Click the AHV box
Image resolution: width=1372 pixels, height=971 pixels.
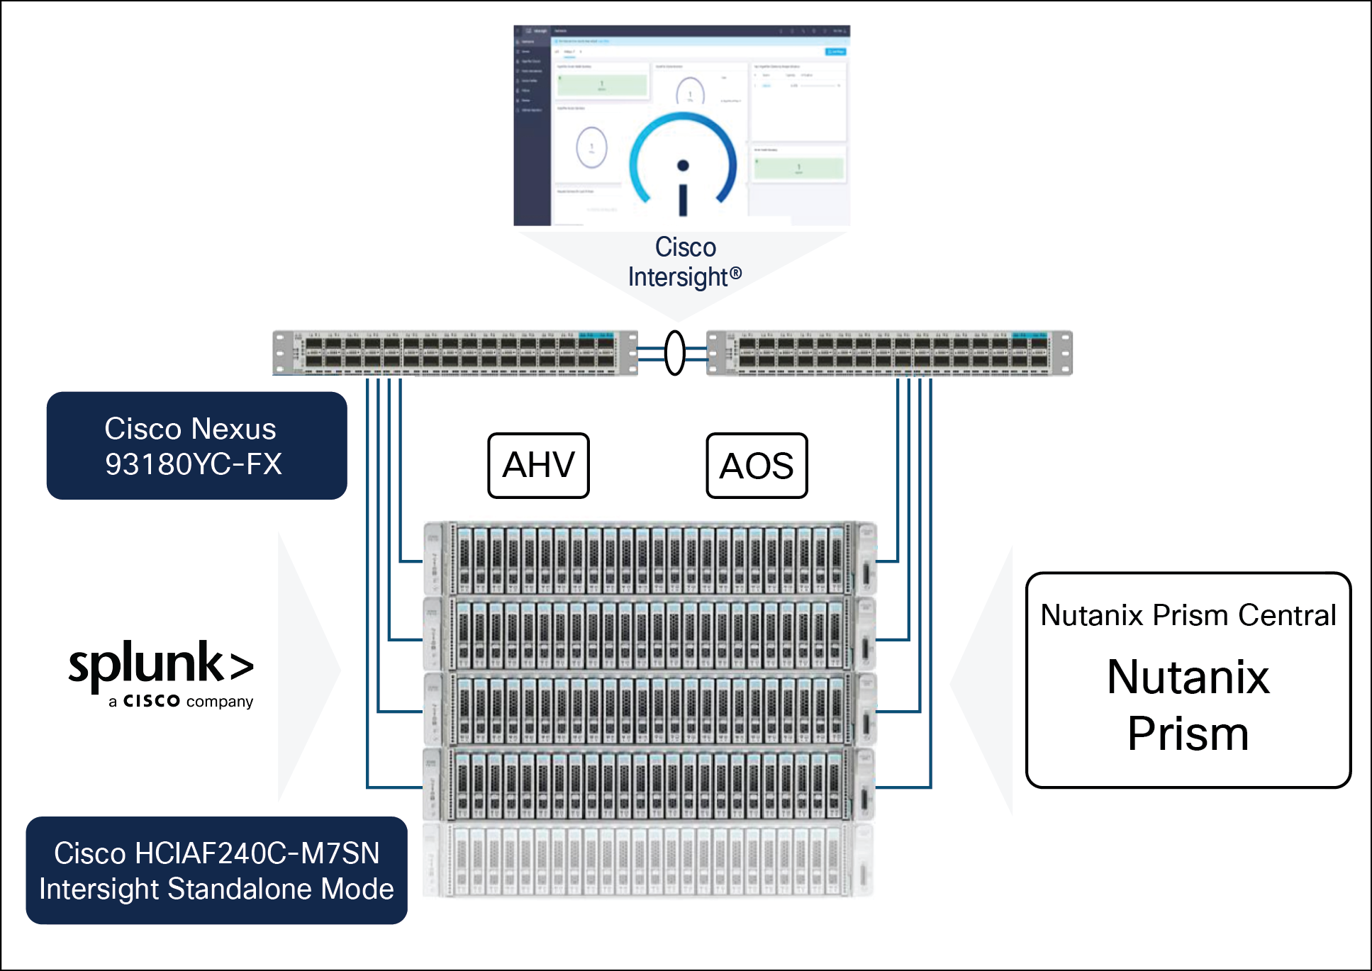click(x=538, y=466)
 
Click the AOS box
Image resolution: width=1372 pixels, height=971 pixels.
click(x=757, y=466)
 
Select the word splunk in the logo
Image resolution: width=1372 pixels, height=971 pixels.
click(x=146, y=664)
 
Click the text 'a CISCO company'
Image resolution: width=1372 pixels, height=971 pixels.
click(x=181, y=701)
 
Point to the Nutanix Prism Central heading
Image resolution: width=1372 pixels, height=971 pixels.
click(x=1188, y=615)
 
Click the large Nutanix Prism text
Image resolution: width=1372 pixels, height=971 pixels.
click(x=1188, y=705)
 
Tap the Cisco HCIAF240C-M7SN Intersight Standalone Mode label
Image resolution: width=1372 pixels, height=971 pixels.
click(x=216, y=870)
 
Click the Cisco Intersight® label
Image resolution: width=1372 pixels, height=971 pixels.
click(x=685, y=262)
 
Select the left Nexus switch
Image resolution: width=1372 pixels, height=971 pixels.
click(x=455, y=352)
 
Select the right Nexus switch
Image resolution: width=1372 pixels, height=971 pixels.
click(x=889, y=352)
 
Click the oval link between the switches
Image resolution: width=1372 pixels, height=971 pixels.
click(x=675, y=352)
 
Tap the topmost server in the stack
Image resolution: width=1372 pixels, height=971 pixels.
click(x=649, y=559)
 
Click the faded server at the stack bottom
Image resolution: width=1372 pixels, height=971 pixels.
click(x=649, y=860)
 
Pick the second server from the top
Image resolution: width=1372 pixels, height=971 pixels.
click(x=649, y=634)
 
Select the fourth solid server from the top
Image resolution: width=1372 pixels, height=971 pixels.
click(x=649, y=784)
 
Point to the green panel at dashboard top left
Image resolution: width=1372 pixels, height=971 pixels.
click(x=602, y=84)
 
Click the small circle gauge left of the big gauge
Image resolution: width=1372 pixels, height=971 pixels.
click(x=591, y=147)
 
